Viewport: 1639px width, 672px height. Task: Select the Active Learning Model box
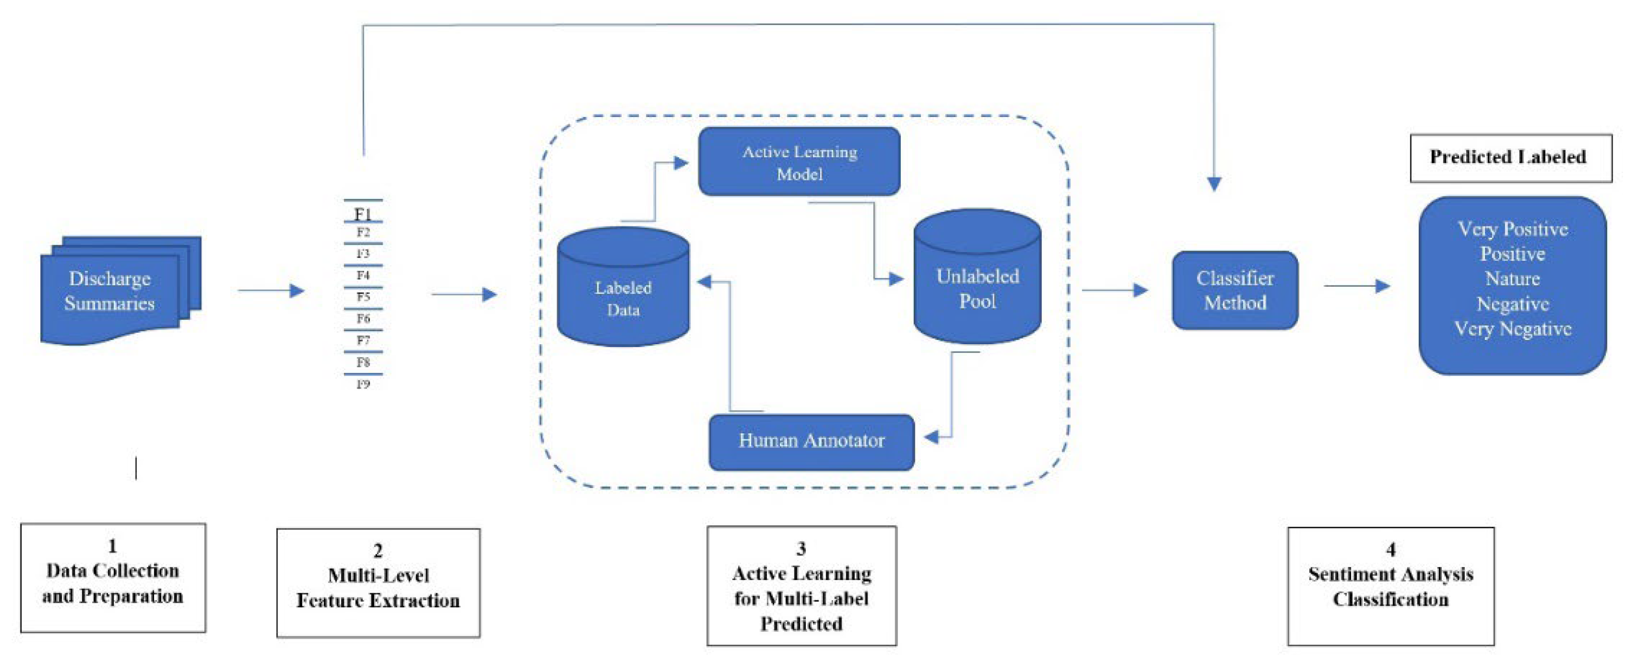click(799, 162)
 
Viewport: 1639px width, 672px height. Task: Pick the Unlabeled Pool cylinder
click(977, 280)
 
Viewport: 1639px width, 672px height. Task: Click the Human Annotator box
click(811, 441)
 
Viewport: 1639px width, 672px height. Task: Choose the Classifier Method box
click(1234, 291)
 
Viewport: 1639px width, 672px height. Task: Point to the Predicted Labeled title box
click(1511, 158)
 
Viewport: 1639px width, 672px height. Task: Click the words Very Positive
click(1512, 229)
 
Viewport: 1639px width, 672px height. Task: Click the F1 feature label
click(363, 213)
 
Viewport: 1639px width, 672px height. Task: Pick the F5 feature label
click(363, 297)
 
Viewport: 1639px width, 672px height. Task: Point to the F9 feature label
click(363, 384)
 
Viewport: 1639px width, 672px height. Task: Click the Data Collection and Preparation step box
click(112, 578)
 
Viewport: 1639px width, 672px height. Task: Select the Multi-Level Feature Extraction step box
click(378, 582)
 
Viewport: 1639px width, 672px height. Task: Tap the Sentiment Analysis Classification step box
click(1390, 586)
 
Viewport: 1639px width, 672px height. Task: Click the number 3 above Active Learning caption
click(801, 548)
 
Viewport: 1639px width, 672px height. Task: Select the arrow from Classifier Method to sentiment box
click(1357, 286)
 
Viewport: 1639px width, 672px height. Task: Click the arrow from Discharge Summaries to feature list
click(271, 291)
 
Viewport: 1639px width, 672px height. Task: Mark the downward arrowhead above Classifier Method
click(1214, 184)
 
